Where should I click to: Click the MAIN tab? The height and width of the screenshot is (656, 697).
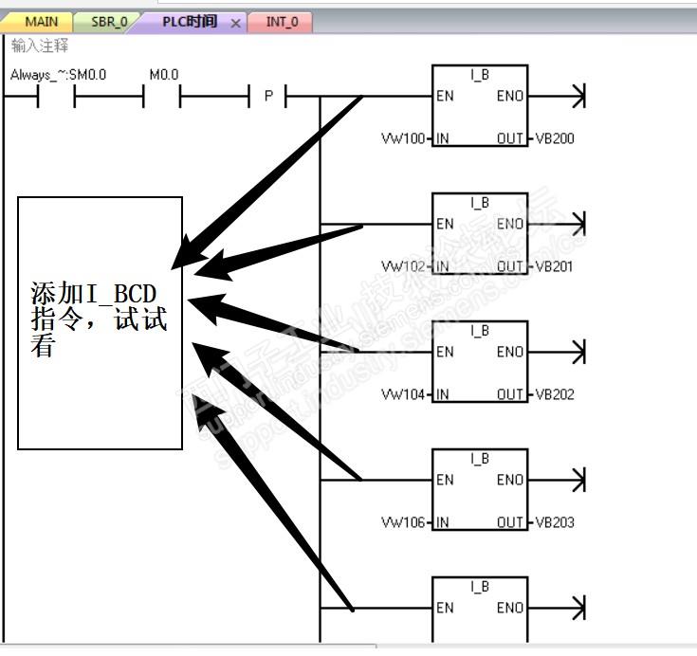coord(40,22)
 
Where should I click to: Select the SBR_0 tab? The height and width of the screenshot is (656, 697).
coord(108,22)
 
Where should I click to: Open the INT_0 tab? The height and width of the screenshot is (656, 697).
coord(281,22)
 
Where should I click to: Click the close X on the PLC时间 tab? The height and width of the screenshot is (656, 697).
coord(236,23)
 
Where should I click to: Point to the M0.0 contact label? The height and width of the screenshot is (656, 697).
coord(164,75)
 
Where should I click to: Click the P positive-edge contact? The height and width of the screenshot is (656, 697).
coord(268,97)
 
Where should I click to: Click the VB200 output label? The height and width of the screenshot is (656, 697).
coord(555,139)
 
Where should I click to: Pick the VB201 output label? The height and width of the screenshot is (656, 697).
coord(555,266)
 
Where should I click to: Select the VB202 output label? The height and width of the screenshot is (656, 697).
coord(555,394)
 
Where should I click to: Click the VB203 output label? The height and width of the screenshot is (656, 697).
coord(555,522)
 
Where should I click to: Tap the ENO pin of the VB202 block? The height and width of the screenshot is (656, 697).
coord(510,352)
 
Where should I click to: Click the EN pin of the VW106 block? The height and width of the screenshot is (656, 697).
coord(445,480)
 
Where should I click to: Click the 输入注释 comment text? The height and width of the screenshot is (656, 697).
coord(40,46)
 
